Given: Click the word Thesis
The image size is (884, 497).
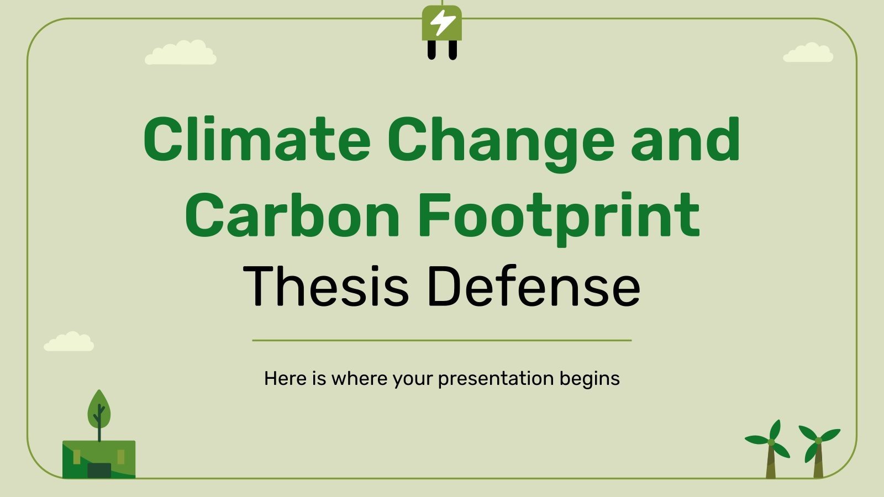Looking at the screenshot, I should [x=325, y=286].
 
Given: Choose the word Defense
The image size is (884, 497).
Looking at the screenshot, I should [x=533, y=286].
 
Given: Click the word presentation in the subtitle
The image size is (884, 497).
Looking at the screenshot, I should [x=496, y=379].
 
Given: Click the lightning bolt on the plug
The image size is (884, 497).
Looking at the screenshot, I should [x=443, y=23].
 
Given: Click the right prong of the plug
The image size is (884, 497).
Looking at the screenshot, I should [x=452, y=50].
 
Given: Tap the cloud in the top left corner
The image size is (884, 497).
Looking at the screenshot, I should [x=181, y=53].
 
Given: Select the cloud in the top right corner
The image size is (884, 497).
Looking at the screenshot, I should [x=808, y=53].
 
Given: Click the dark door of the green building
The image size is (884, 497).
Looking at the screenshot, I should [x=99, y=470].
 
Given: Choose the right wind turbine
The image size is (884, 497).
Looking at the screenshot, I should [x=818, y=450].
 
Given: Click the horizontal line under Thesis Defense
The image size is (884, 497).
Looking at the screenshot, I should [x=442, y=341].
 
